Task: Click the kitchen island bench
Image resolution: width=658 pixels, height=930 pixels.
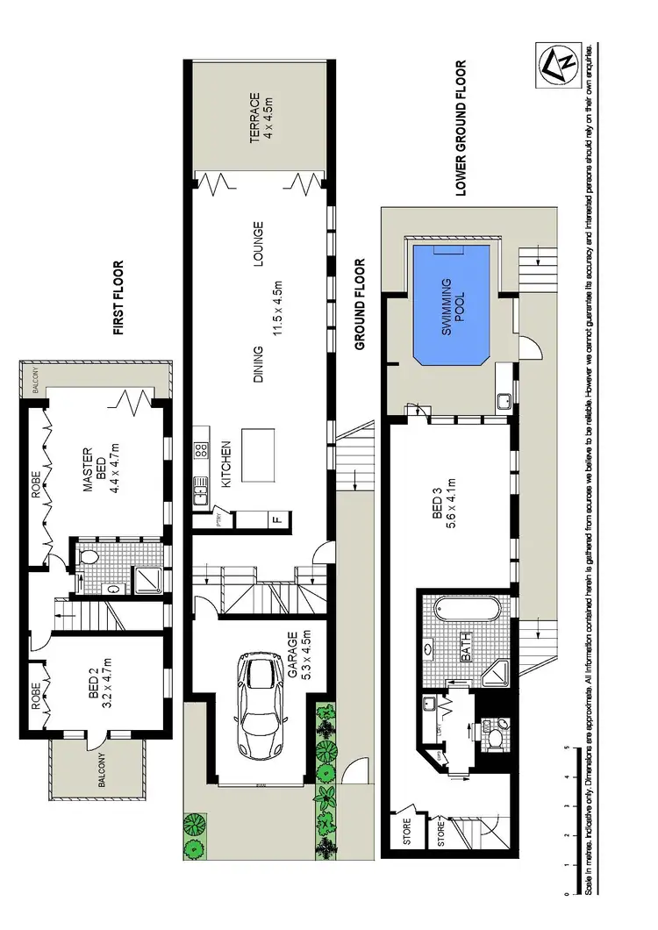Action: tap(254, 455)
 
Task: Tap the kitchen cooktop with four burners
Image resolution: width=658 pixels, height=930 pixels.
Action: tap(199, 450)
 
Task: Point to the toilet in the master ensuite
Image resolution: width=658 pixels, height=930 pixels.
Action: tap(88, 554)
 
